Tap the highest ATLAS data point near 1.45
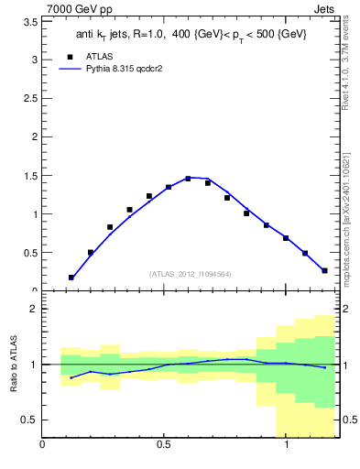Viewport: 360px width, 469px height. (x=188, y=179)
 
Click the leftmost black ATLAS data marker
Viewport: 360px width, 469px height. (x=71, y=277)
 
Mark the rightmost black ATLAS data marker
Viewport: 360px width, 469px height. (x=324, y=270)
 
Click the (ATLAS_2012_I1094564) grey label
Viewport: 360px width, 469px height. (x=191, y=274)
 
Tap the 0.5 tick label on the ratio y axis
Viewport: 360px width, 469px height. (x=29, y=420)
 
